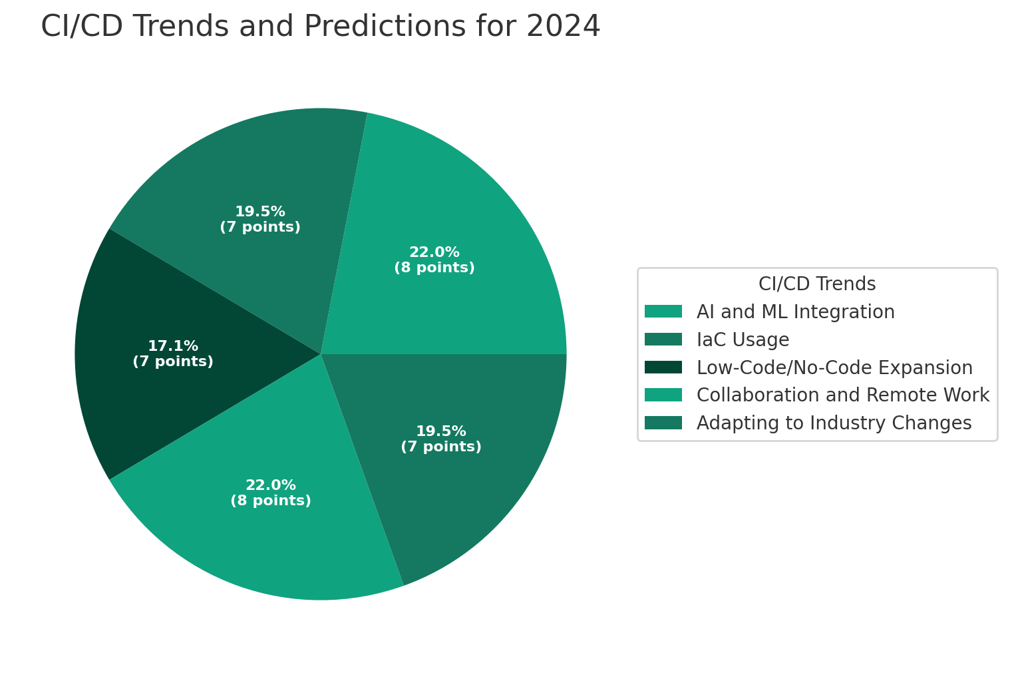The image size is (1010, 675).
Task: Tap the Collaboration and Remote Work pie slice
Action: point(279,533)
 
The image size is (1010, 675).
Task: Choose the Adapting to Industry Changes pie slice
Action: point(466,479)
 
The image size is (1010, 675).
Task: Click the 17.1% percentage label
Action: point(173,347)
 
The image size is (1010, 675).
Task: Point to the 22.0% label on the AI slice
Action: point(434,253)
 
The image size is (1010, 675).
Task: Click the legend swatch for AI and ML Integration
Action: point(663,312)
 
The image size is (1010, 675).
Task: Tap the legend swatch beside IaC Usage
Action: point(663,339)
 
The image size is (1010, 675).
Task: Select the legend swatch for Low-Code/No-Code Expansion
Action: point(663,367)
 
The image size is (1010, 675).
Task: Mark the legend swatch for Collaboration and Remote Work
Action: point(663,395)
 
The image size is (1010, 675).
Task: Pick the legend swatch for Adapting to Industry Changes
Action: point(663,423)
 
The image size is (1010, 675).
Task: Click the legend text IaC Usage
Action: point(743,339)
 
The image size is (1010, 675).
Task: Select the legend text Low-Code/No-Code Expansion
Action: point(834,367)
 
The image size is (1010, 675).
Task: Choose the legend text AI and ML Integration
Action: point(795,312)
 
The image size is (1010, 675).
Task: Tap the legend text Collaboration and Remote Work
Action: point(842,395)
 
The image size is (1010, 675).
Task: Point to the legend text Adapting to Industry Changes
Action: point(834,423)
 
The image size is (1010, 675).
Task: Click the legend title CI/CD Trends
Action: point(817,284)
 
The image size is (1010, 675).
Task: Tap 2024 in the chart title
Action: point(563,27)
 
